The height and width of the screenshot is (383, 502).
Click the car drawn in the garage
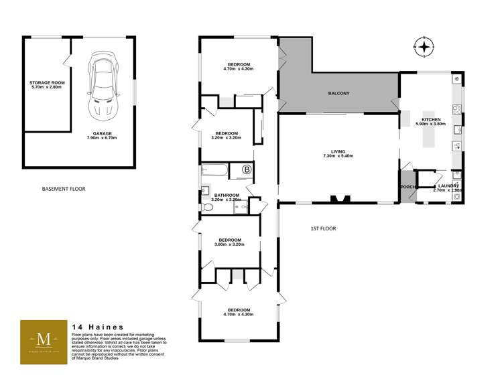point(103,86)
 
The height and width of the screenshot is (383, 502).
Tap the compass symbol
point(424,47)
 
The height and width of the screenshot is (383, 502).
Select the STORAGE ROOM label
point(46,84)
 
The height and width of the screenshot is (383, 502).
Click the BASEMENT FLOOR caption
point(64,189)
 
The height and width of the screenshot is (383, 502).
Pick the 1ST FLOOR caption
point(322,228)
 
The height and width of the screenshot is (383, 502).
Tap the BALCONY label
point(341,93)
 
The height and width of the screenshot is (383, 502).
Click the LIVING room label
point(338,152)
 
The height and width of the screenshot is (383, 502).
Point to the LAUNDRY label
point(448,185)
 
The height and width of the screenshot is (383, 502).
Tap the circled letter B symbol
point(247,170)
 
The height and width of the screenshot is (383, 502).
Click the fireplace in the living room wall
point(341,198)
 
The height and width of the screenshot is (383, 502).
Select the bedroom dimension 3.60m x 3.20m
point(229,244)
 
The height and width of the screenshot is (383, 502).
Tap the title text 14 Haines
point(97,327)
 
